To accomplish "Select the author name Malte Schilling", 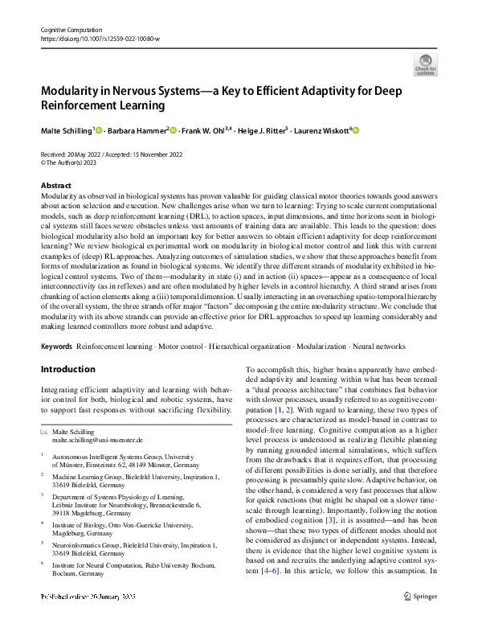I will [67, 130].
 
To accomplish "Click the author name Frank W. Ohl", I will [202, 130].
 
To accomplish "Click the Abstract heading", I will [56, 186].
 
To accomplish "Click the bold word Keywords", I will [56, 346].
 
